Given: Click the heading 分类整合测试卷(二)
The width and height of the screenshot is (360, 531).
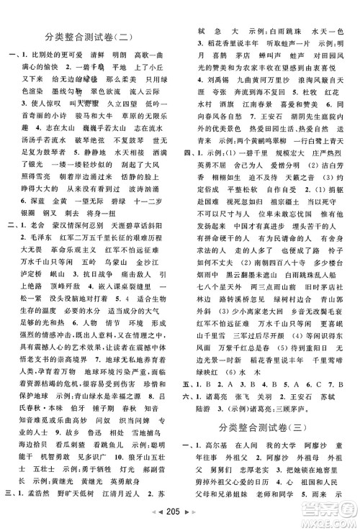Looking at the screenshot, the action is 93,36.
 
